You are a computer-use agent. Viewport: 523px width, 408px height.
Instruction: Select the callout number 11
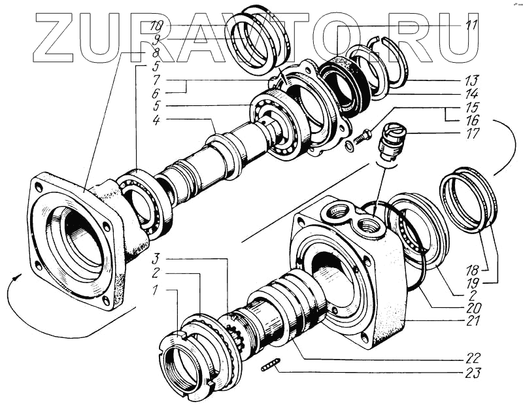tap(471, 26)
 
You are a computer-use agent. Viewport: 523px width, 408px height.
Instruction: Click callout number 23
tap(472, 374)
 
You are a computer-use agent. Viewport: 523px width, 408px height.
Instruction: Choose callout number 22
tap(472, 358)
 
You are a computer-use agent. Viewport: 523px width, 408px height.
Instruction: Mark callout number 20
tap(472, 307)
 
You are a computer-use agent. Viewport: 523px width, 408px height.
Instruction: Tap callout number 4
tap(156, 120)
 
